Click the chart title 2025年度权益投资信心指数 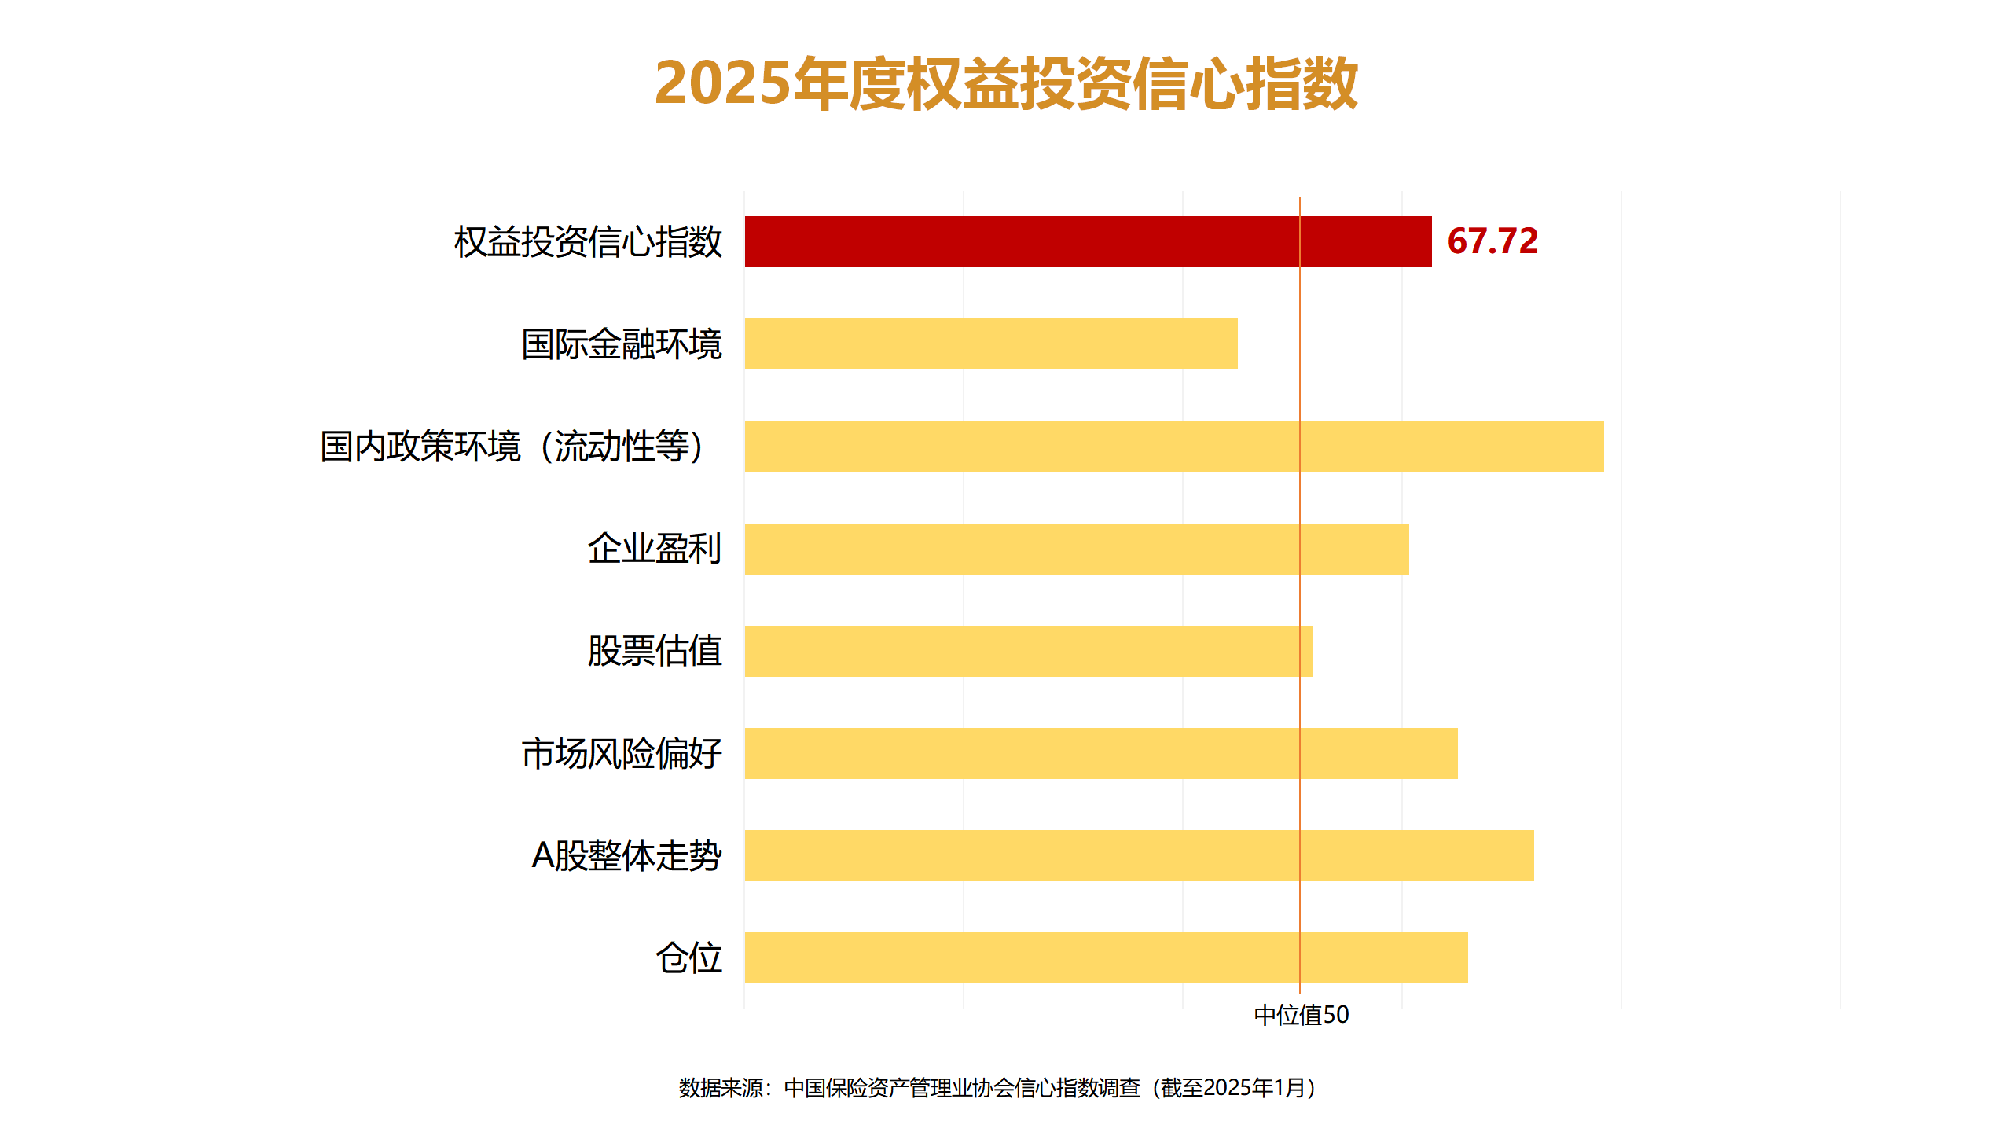click(x=1006, y=83)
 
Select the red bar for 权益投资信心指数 click(x=1088, y=242)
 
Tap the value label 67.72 click(x=1492, y=241)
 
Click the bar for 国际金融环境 click(x=990, y=344)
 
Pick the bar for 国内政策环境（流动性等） click(x=1173, y=447)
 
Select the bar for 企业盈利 click(x=1076, y=549)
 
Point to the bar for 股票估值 click(x=1028, y=651)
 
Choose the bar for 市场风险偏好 click(x=1100, y=753)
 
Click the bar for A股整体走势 click(x=1139, y=855)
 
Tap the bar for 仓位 click(x=1106, y=957)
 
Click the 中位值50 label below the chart click(x=1301, y=1015)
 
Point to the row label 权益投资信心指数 click(x=588, y=242)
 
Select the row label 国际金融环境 click(x=621, y=344)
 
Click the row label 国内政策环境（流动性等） click(x=512, y=447)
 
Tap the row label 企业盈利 click(x=654, y=549)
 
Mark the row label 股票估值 click(x=654, y=651)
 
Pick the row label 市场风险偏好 click(x=621, y=753)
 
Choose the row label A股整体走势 click(x=626, y=855)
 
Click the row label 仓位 click(x=688, y=957)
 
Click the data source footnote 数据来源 click(x=998, y=1088)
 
